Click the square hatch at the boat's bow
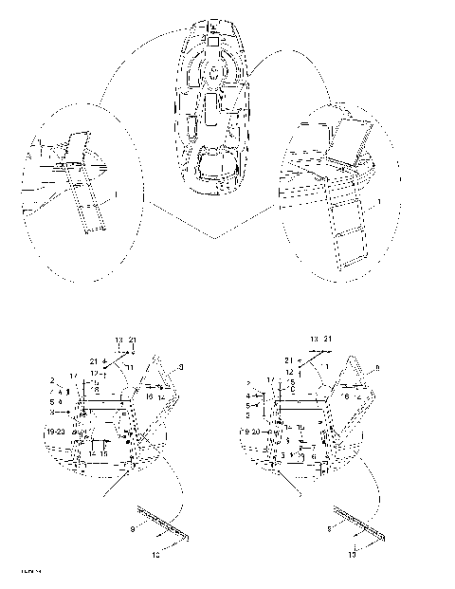click(x=215, y=42)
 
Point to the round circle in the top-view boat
click(x=215, y=70)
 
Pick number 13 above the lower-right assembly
click(x=314, y=340)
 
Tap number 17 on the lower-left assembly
click(x=73, y=377)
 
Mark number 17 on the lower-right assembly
click(x=270, y=377)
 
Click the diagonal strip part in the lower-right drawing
click(x=357, y=524)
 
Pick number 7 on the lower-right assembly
click(x=313, y=446)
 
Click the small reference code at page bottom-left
click(x=18, y=570)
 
